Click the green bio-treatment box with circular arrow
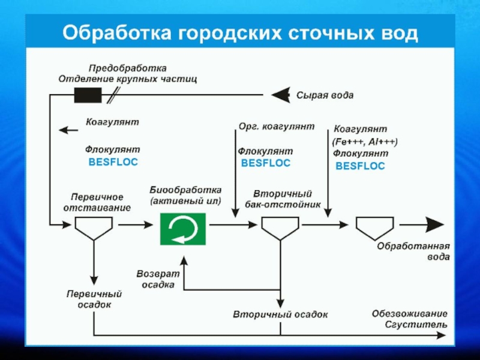pyautogui.click(x=182, y=229)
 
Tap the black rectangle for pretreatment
pyautogui.click(x=88, y=95)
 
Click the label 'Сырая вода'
pyautogui.click(x=325, y=95)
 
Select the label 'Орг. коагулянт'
pyautogui.click(x=277, y=127)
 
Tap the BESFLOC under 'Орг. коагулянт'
pyautogui.click(x=265, y=163)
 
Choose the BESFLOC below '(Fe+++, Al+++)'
pyautogui.click(x=360, y=166)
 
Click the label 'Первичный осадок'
pyautogui.click(x=94, y=299)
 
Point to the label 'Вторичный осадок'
pyautogui.click(x=280, y=314)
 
